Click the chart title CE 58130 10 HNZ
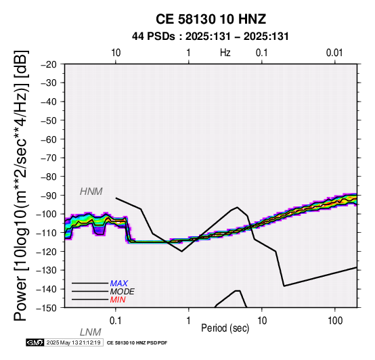tap(211, 19)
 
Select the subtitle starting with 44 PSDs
tap(211, 37)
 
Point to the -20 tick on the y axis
tap(49, 64)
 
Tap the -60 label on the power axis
tap(49, 139)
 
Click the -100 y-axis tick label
tap(47, 214)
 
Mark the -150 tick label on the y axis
tap(47, 308)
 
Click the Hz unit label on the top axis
tap(225, 53)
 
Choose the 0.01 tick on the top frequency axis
tap(334, 53)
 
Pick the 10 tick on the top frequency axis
tap(116, 53)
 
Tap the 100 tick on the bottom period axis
tap(335, 321)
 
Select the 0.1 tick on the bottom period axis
tap(116, 321)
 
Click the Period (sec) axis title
tap(225, 328)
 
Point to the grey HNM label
tap(91, 192)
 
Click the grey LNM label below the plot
tap(90, 332)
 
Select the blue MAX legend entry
tap(118, 284)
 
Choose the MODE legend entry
tap(122, 292)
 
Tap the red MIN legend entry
tap(117, 300)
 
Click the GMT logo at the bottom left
tap(35, 342)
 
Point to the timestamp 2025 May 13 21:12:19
tap(74, 342)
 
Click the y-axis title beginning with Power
tap(20, 185)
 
